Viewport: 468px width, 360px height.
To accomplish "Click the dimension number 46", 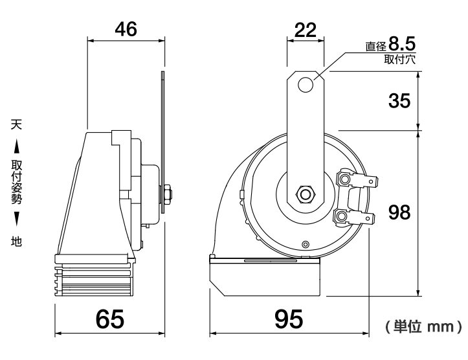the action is [126, 29].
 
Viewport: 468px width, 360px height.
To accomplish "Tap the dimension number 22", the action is [305, 30].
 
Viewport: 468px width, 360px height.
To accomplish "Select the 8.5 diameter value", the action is [402, 43].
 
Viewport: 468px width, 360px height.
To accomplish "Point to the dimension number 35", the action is [399, 100].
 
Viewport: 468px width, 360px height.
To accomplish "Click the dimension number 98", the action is [399, 212].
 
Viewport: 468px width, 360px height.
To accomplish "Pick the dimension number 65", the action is [109, 319].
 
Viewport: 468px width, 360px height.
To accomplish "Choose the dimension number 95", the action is [289, 319].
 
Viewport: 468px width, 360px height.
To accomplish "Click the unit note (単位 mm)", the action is [423, 326].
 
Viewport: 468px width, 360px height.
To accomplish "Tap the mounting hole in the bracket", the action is [306, 84].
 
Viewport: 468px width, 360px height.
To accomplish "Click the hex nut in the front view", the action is [305, 195].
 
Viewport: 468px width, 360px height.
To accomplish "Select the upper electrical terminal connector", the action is [357, 180].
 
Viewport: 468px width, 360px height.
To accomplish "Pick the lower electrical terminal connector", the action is [353, 216].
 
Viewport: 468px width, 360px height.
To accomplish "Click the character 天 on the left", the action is [16, 124].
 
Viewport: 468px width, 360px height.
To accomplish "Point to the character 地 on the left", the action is [16, 242].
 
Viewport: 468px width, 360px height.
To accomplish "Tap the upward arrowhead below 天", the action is [17, 146].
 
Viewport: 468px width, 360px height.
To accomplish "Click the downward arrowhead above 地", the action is [17, 219].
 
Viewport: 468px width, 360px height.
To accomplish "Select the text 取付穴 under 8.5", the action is [399, 60].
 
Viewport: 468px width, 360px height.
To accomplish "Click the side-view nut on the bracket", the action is [166, 195].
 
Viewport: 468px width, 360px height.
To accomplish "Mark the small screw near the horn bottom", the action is [305, 244].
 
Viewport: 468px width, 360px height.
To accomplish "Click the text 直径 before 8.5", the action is [376, 46].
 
